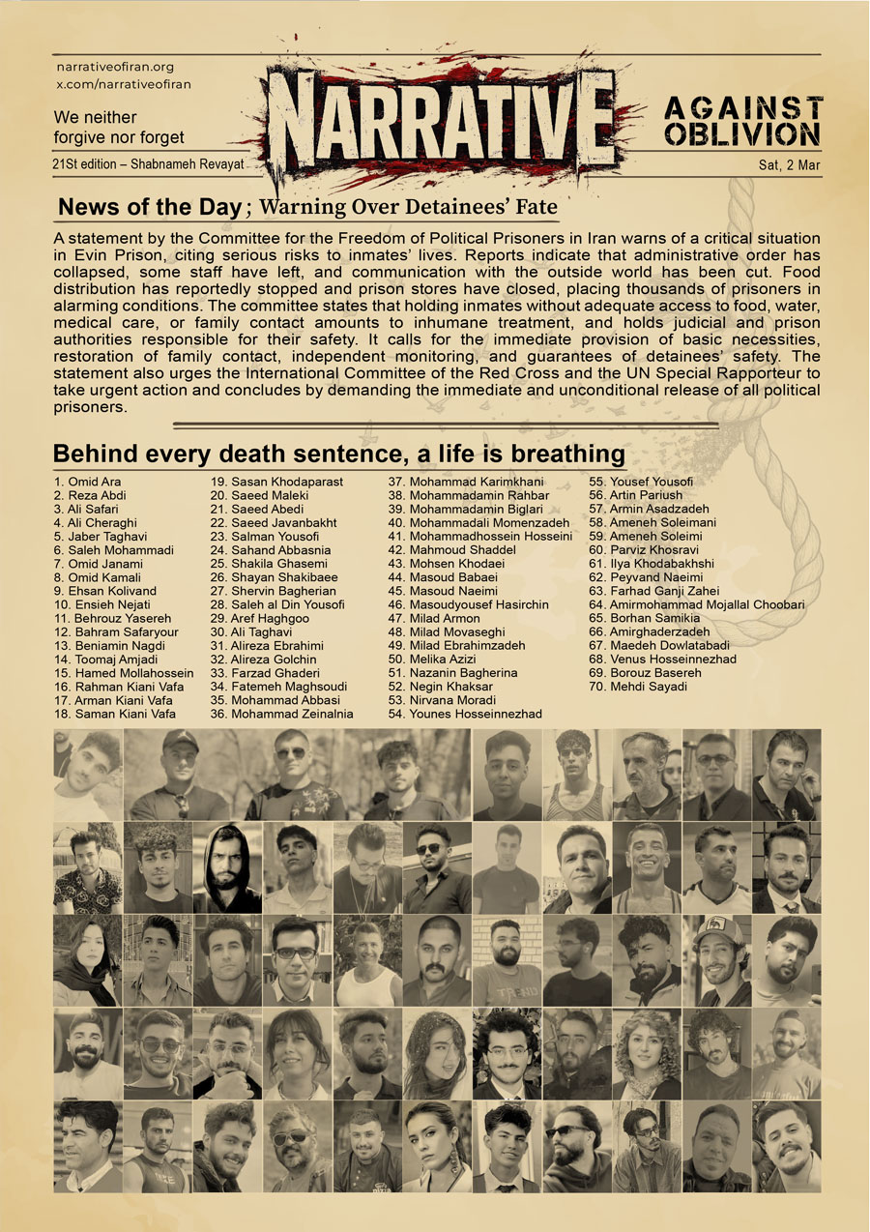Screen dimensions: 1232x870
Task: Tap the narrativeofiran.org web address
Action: (x=115, y=67)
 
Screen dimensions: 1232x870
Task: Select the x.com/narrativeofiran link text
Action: (x=122, y=84)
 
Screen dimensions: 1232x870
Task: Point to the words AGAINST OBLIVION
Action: (x=743, y=121)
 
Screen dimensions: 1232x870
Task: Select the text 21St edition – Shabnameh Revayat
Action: (x=149, y=164)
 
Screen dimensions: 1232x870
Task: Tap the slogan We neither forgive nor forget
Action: (x=119, y=127)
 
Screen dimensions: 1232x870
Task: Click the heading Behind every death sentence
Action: (x=338, y=454)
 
